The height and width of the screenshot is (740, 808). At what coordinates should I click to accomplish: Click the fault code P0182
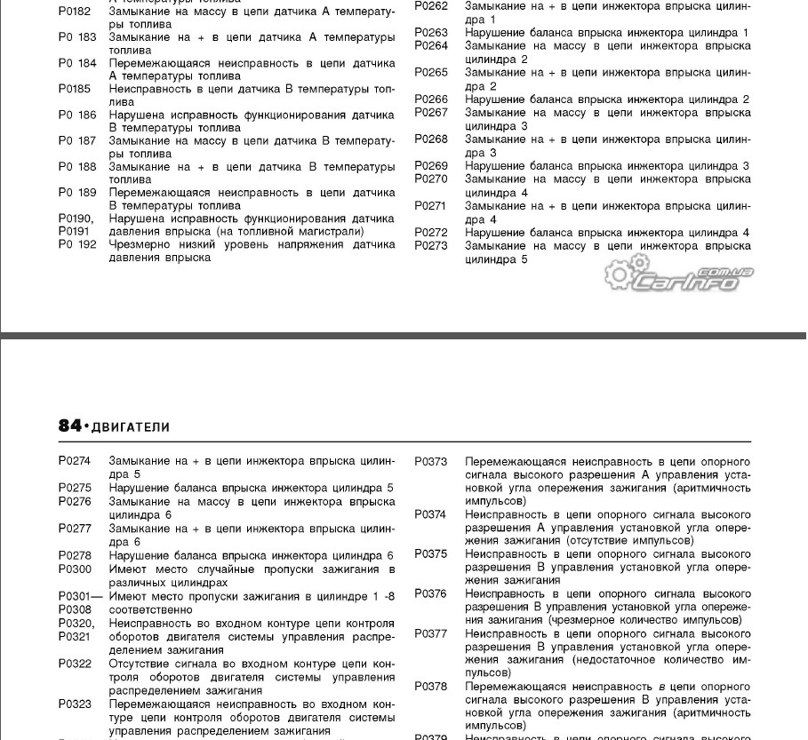[x=75, y=14]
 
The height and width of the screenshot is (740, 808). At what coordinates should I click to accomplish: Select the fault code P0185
[x=75, y=89]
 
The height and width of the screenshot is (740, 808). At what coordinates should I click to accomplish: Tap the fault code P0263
[x=431, y=33]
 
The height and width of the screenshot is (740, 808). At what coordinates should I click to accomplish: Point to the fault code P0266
[x=431, y=99]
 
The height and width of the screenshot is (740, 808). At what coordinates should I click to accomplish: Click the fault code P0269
[x=431, y=166]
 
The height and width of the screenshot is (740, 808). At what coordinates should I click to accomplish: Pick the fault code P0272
[x=431, y=233]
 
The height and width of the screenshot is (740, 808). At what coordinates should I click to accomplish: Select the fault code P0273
[x=431, y=246]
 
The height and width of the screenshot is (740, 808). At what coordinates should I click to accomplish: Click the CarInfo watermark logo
[x=680, y=278]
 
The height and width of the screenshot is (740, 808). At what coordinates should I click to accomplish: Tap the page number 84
[x=69, y=426]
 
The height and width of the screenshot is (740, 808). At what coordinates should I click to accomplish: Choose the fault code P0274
[x=75, y=462]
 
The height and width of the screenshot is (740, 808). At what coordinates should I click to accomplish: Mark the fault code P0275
[x=75, y=488]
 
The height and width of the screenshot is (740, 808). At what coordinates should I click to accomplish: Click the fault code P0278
[x=75, y=555]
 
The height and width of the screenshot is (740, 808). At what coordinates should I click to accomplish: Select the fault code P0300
[x=75, y=569]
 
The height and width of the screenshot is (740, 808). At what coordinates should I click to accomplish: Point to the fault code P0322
[x=75, y=664]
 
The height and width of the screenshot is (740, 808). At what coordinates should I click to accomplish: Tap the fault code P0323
[x=75, y=704]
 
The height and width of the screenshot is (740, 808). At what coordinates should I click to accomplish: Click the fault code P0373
[x=431, y=462]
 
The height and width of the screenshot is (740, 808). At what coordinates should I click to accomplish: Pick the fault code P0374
[x=431, y=514]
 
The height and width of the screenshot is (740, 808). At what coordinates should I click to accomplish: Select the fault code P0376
[x=431, y=593]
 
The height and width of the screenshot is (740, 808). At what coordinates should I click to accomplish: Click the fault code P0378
[x=431, y=687]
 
